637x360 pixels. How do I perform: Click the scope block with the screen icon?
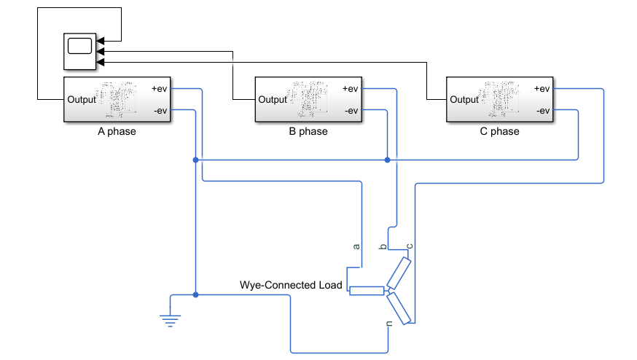[x=79, y=52]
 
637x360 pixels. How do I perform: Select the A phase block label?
[x=117, y=131]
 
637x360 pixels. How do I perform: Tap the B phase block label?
[x=308, y=131]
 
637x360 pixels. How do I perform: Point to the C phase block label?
[x=500, y=131]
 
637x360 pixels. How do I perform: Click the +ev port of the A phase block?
[x=159, y=89]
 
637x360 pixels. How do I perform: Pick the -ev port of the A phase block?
[x=160, y=111]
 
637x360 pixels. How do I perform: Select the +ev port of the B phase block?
[x=350, y=89]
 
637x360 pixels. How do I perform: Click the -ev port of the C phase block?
[x=543, y=111]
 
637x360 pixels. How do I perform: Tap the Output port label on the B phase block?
[x=273, y=100]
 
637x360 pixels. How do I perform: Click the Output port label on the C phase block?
[x=464, y=100]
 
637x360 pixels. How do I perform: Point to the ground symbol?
[x=171, y=321]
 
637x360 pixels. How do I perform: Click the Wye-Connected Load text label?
[x=291, y=285]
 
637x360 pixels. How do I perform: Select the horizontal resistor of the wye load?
[x=367, y=291]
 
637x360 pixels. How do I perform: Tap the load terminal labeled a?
[x=356, y=246]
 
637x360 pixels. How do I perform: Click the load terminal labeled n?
[x=389, y=324]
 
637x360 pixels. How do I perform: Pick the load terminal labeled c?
[x=410, y=246]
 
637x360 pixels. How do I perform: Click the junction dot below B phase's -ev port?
[x=387, y=160]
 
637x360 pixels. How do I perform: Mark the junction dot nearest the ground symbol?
[x=195, y=294]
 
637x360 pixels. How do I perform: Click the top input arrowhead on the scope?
[x=101, y=41]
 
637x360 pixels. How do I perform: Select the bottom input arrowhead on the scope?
[x=101, y=62]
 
